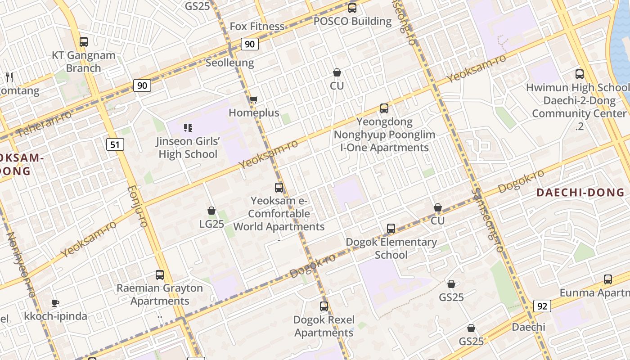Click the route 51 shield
pyautogui.click(x=116, y=144)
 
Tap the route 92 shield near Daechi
pyautogui.click(x=542, y=306)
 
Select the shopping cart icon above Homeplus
pyautogui.click(x=254, y=99)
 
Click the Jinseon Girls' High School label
pyautogui.click(x=188, y=148)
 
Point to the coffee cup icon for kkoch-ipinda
pyautogui.click(x=55, y=303)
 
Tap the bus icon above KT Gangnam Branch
pyautogui.click(x=83, y=42)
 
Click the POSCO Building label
pyautogui.click(x=352, y=21)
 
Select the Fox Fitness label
pyautogui.click(x=257, y=27)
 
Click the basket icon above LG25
pyautogui.click(x=211, y=211)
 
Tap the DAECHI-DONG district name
pyautogui.click(x=580, y=193)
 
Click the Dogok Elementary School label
pyautogui.click(x=391, y=248)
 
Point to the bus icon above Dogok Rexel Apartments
pyautogui.click(x=324, y=307)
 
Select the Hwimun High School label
pyautogui.click(x=577, y=87)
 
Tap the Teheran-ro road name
pyautogui.click(x=44, y=124)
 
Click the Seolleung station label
pyautogui.click(x=229, y=63)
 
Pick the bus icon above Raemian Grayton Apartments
pyautogui.click(x=160, y=275)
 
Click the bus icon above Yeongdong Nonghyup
pyautogui.click(x=384, y=108)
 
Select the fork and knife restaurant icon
pyautogui.click(x=9, y=77)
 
